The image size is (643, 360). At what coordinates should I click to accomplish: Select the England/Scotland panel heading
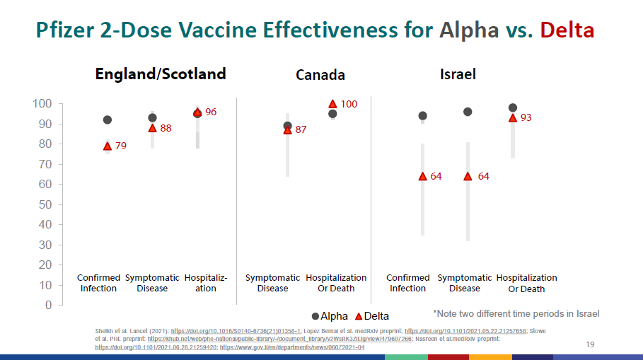coord(161,74)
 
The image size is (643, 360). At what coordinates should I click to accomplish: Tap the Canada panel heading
coord(320,75)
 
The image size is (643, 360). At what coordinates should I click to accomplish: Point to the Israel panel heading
coord(458,74)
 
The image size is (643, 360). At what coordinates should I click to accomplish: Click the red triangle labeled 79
coord(108,146)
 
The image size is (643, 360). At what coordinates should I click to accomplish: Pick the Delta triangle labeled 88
coord(152,128)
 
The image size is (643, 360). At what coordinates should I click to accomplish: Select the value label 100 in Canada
coord(349,104)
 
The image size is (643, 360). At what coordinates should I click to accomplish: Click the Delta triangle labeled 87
coord(287,130)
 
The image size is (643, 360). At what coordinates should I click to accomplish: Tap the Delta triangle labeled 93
coord(513,118)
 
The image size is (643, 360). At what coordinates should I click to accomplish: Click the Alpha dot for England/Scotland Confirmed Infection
coord(108,120)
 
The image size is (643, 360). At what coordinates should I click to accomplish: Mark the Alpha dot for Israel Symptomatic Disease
coord(468,112)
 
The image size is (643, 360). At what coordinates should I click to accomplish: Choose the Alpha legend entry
coord(330,316)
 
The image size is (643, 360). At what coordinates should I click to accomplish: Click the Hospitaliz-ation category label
coord(206,283)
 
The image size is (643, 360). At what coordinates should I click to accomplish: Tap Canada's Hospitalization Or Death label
coord(336,283)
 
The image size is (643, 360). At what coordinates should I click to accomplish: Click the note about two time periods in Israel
coord(516,313)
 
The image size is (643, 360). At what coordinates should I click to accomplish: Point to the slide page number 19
coord(591,344)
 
